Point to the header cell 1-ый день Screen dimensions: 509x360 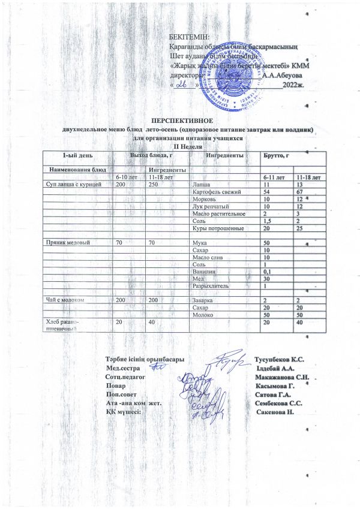[x=71, y=156]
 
